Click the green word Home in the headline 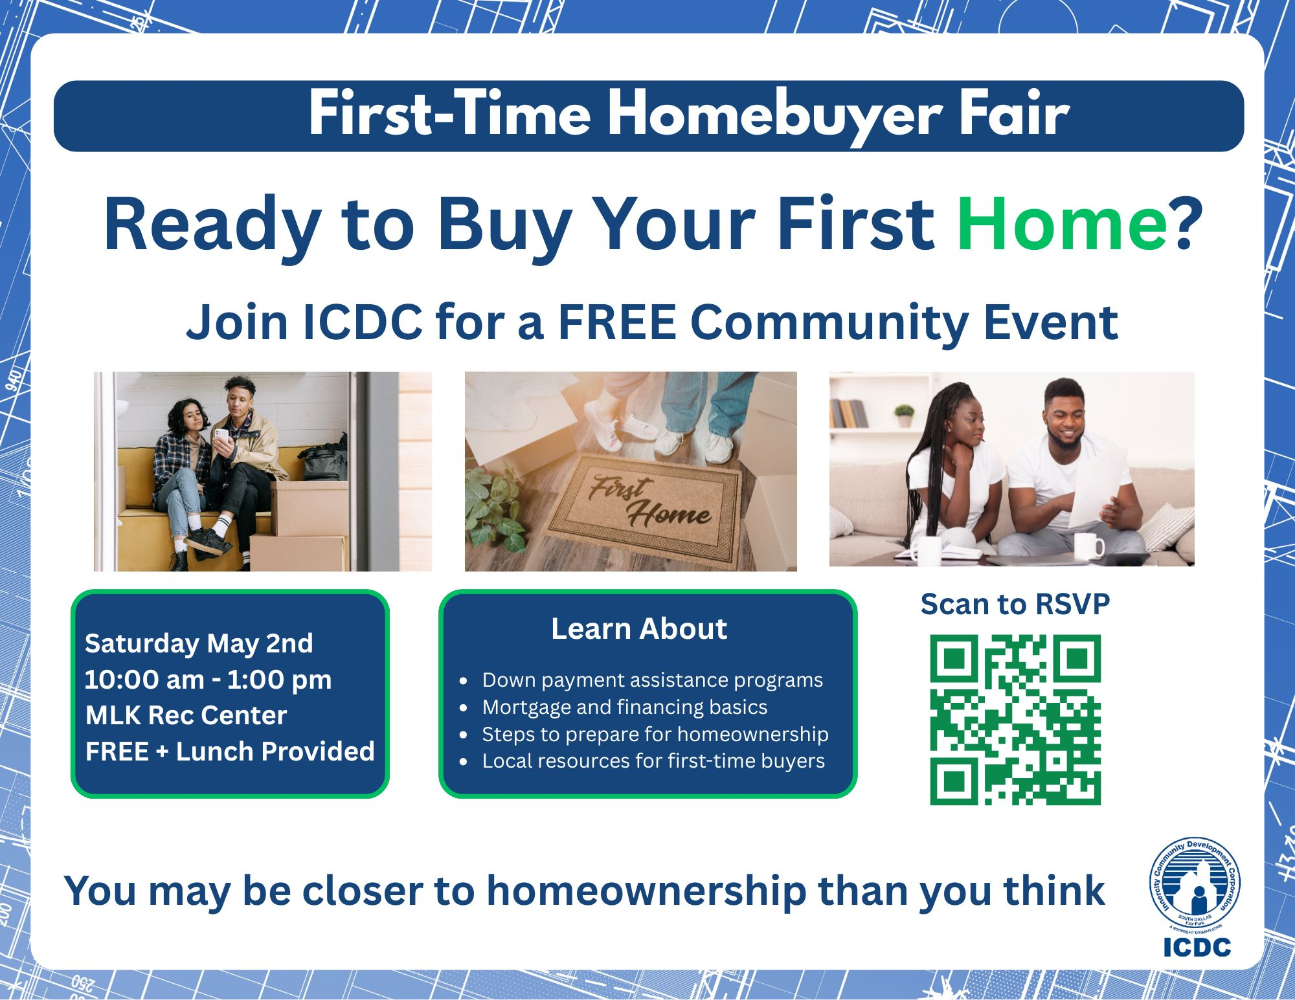[1062, 224]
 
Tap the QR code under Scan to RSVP [1015, 720]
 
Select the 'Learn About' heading [639, 628]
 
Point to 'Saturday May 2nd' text [199, 644]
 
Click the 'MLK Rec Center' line [186, 715]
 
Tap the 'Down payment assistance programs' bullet [652, 680]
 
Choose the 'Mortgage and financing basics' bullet [625, 707]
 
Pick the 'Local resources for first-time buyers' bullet [653, 761]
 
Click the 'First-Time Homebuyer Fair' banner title [689, 115]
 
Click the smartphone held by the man [221, 438]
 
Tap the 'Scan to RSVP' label [1015, 604]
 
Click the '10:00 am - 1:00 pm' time [208, 680]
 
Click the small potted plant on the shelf [904, 416]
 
